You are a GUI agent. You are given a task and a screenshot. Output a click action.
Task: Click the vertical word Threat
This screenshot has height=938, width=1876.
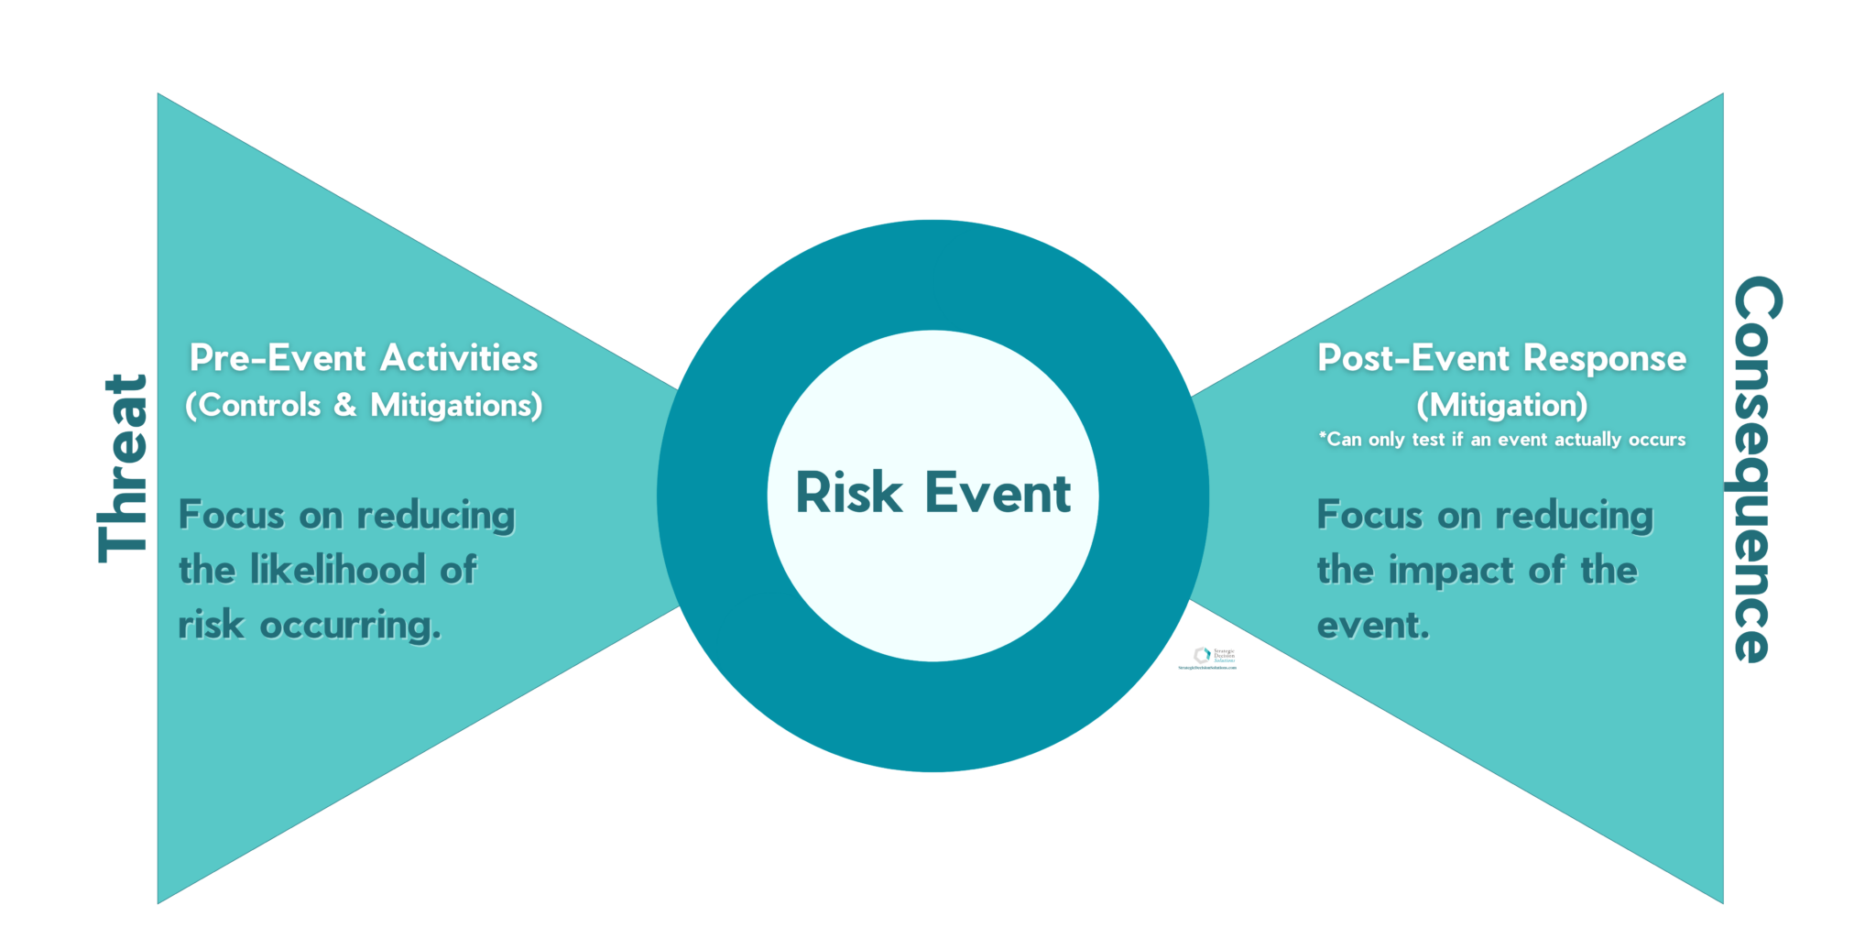pos(123,469)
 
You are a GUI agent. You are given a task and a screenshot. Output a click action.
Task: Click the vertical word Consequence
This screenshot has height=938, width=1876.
pos(1757,469)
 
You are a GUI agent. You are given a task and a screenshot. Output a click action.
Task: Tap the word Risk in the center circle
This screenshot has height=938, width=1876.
pos(848,494)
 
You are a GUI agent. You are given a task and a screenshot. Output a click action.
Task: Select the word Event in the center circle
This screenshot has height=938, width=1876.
pos(998,494)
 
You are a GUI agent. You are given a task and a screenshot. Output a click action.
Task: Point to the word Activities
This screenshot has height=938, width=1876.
pos(459,358)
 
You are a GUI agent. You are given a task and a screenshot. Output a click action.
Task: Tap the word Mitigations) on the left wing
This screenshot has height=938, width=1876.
pos(456,406)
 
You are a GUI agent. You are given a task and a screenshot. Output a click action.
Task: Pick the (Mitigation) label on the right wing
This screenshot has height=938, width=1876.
pos(1502,405)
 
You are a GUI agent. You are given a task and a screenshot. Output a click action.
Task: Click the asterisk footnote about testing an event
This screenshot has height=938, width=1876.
pos(1502,440)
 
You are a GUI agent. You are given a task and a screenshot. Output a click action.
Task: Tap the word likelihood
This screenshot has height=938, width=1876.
pos(338,571)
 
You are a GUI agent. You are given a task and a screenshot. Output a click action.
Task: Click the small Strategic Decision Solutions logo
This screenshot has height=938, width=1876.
pos(1207,658)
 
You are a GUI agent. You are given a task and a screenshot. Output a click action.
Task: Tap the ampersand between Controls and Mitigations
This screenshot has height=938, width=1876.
pos(345,406)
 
